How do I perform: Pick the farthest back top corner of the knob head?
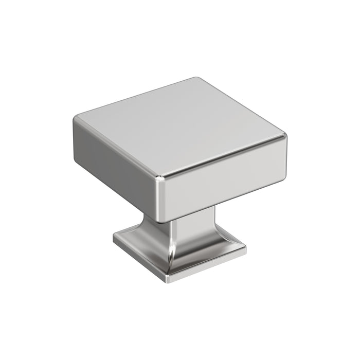[195, 79]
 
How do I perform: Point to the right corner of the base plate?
[245, 249]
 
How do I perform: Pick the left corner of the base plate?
[114, 238]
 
